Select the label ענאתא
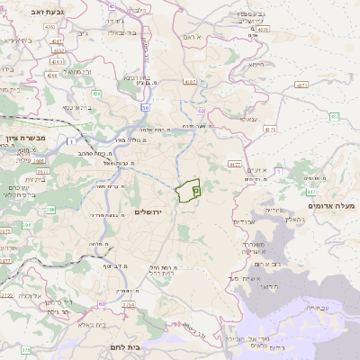(x=247, y=118)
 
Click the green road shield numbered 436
(x=95, y=93)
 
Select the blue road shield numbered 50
(x=145, y=108)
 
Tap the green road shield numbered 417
(x=310, y=192)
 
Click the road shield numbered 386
(x=27, y=225)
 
